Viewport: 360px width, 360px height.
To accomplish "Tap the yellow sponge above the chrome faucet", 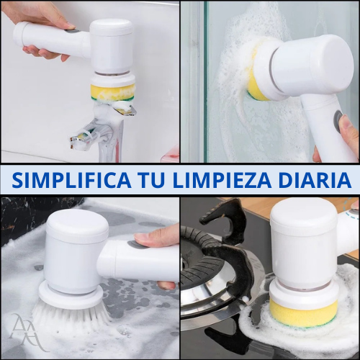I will [113, 92].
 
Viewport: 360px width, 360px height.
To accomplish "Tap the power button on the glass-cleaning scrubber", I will [336, 121].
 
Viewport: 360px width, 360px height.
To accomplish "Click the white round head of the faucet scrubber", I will [112, 43].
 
